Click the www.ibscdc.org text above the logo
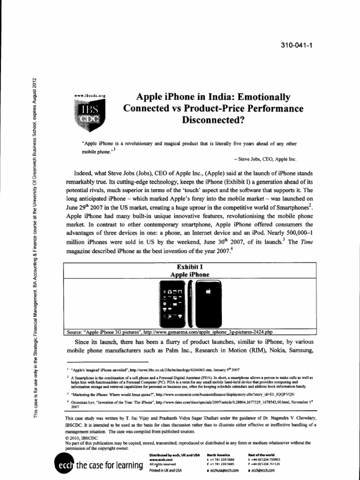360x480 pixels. pyautogui.click(x=90, y=95)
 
